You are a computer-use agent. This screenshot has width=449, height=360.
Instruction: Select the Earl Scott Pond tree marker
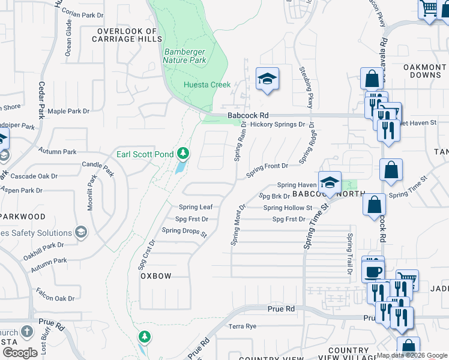pos(183,154)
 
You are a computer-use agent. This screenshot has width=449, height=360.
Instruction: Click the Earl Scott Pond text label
pos(145,154)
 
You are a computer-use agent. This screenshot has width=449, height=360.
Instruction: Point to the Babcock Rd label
pos(247,116)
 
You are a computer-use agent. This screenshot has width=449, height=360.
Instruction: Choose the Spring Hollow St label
pos(288,208)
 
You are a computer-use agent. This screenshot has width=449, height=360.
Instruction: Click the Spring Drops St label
pos(184,231)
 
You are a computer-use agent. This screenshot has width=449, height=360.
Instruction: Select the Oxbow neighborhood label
pos(155,276)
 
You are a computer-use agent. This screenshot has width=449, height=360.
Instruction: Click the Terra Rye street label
pos(243,326)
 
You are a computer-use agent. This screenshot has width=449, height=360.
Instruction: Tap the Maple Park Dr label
pos(68,111)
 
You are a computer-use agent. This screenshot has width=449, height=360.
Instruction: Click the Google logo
pos(20,352)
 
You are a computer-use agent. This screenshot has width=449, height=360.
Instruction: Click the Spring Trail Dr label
pos(348,254)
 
